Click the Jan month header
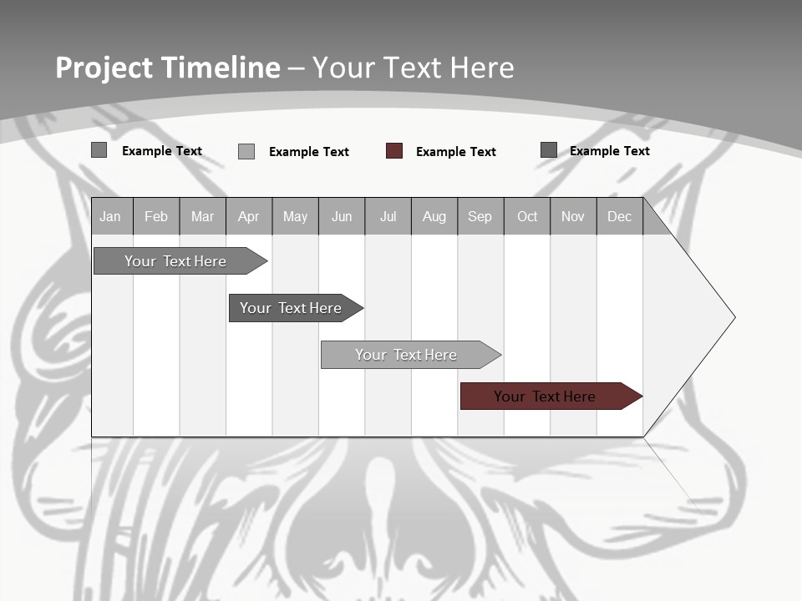pos(111,216)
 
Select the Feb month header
pos(156,216)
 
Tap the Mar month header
pos(202,216)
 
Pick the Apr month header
pos(249,216)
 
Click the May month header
pos(295,216)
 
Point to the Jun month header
pos(342,216)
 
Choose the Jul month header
pos(388,216)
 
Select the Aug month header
pos(434,216)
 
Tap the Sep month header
pos(480,216)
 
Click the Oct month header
pos(527,216)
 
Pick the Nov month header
pos(573,216)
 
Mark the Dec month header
pos(620,216)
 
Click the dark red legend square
pos(394,151)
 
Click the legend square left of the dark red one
pos(246,151)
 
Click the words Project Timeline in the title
pos(168,68)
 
